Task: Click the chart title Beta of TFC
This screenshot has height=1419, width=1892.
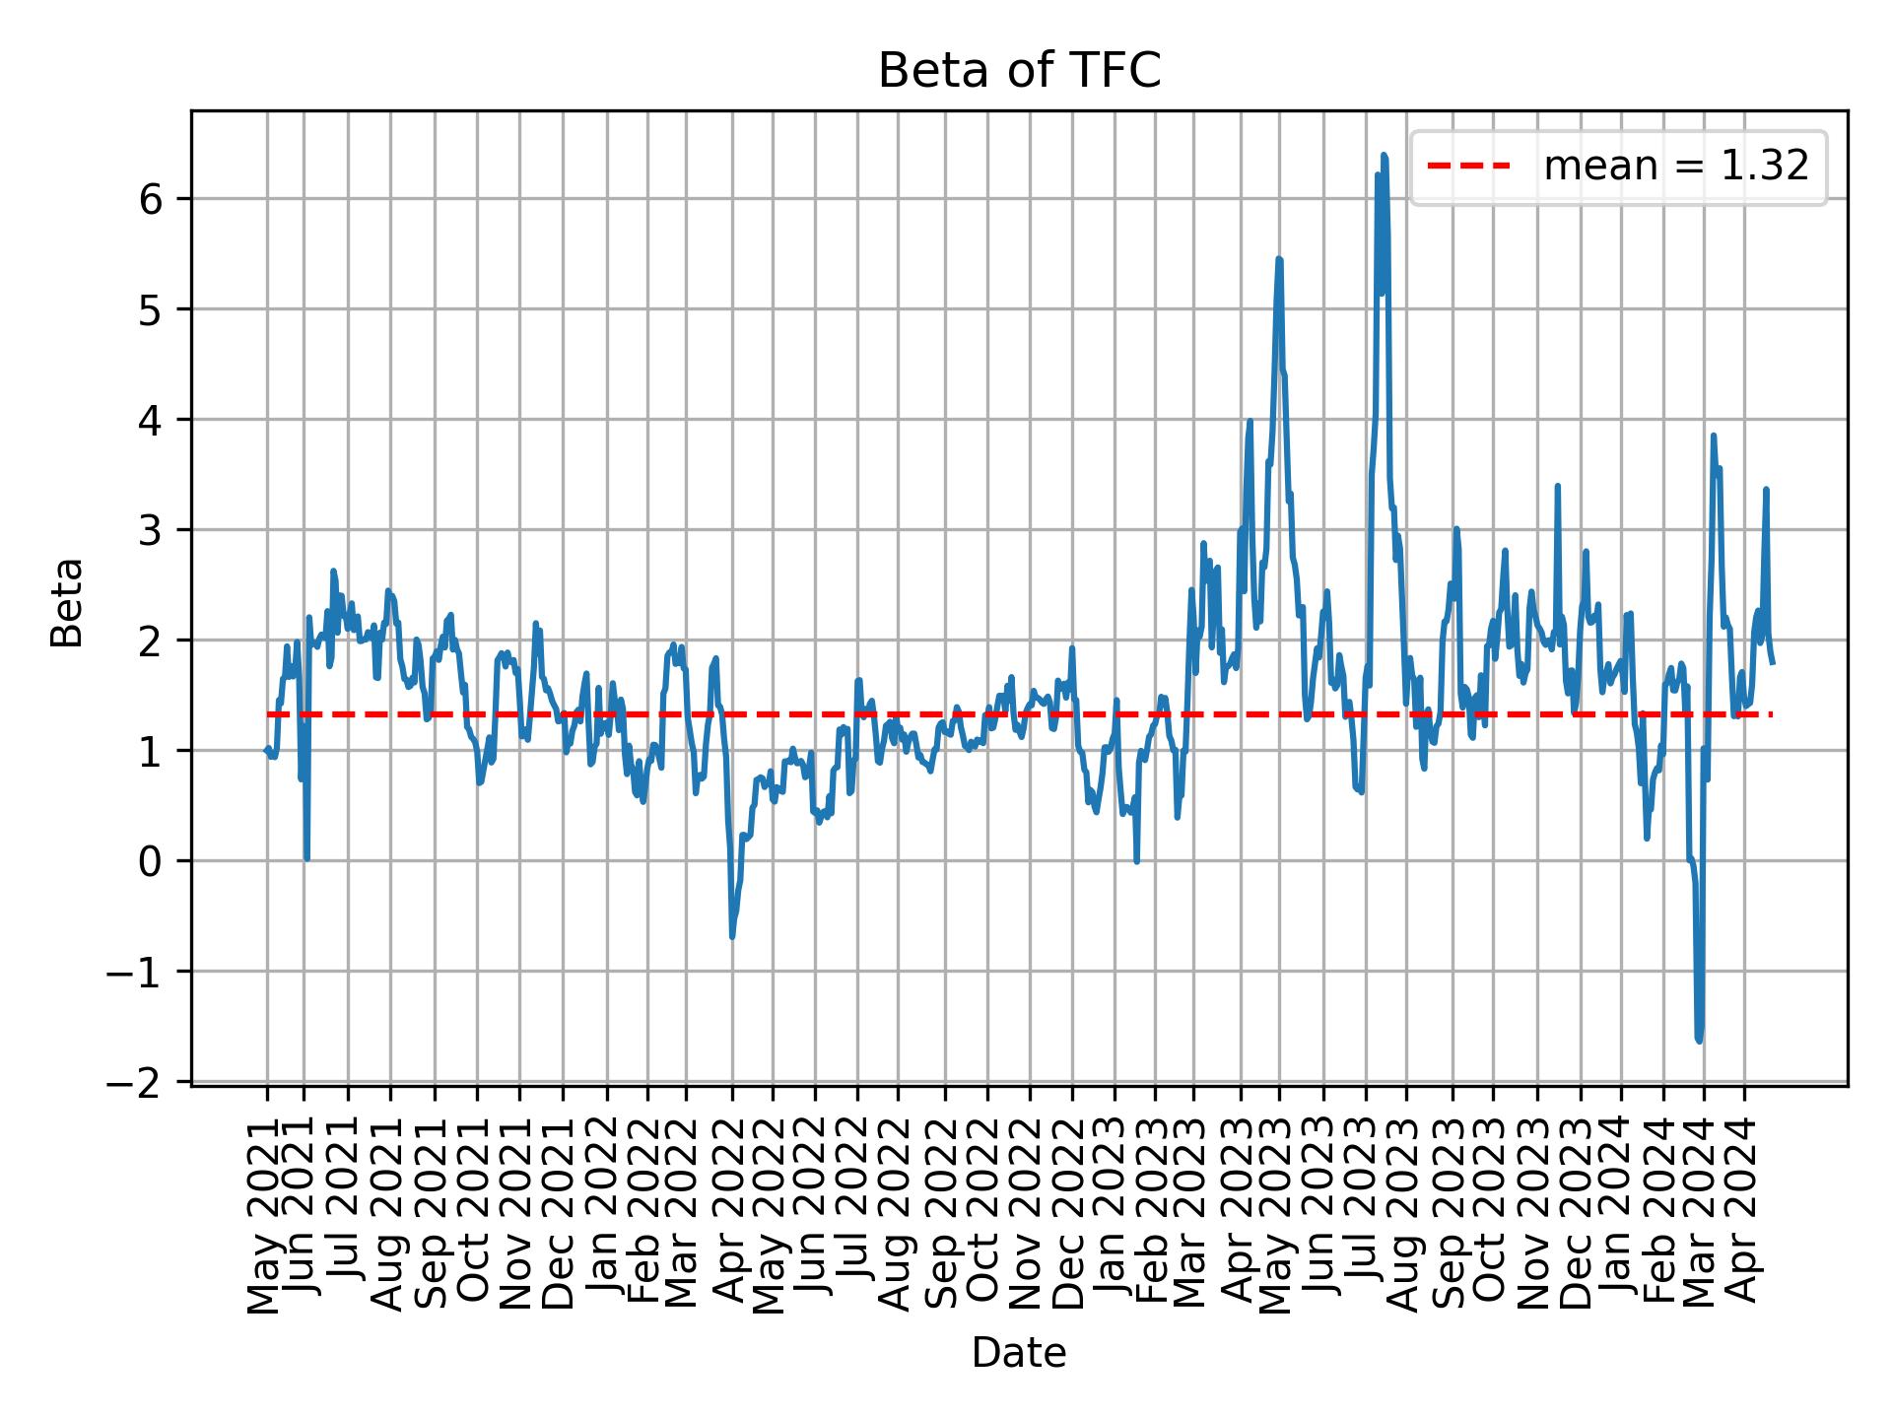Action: click(x=1019, y=71)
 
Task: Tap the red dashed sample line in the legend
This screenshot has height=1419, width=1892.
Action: click(x=1468, y=167)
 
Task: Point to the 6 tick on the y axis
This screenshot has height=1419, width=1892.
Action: click(x=150, y=199)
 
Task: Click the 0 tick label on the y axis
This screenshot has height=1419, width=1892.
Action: click(x=150, y=861)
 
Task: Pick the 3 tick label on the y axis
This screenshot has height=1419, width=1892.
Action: click(x=150, y=530)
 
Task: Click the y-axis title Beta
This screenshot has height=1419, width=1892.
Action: click(x=67, y=602)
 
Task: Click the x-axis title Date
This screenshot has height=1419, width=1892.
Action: click(x=1019, y=1353)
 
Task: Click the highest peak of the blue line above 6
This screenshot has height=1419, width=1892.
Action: click(x=1384, y=155)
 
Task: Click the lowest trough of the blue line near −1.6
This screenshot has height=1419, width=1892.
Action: click(x=1699, y=1041)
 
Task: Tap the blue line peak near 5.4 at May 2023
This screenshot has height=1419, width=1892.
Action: click(x=1279, y=259)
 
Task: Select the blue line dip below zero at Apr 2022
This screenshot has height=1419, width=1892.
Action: click(x=732, y=936)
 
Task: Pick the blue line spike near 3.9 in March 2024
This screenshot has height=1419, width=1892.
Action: click(x=1714, y=435)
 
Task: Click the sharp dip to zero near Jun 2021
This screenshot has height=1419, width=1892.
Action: click(x=307, y=858)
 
